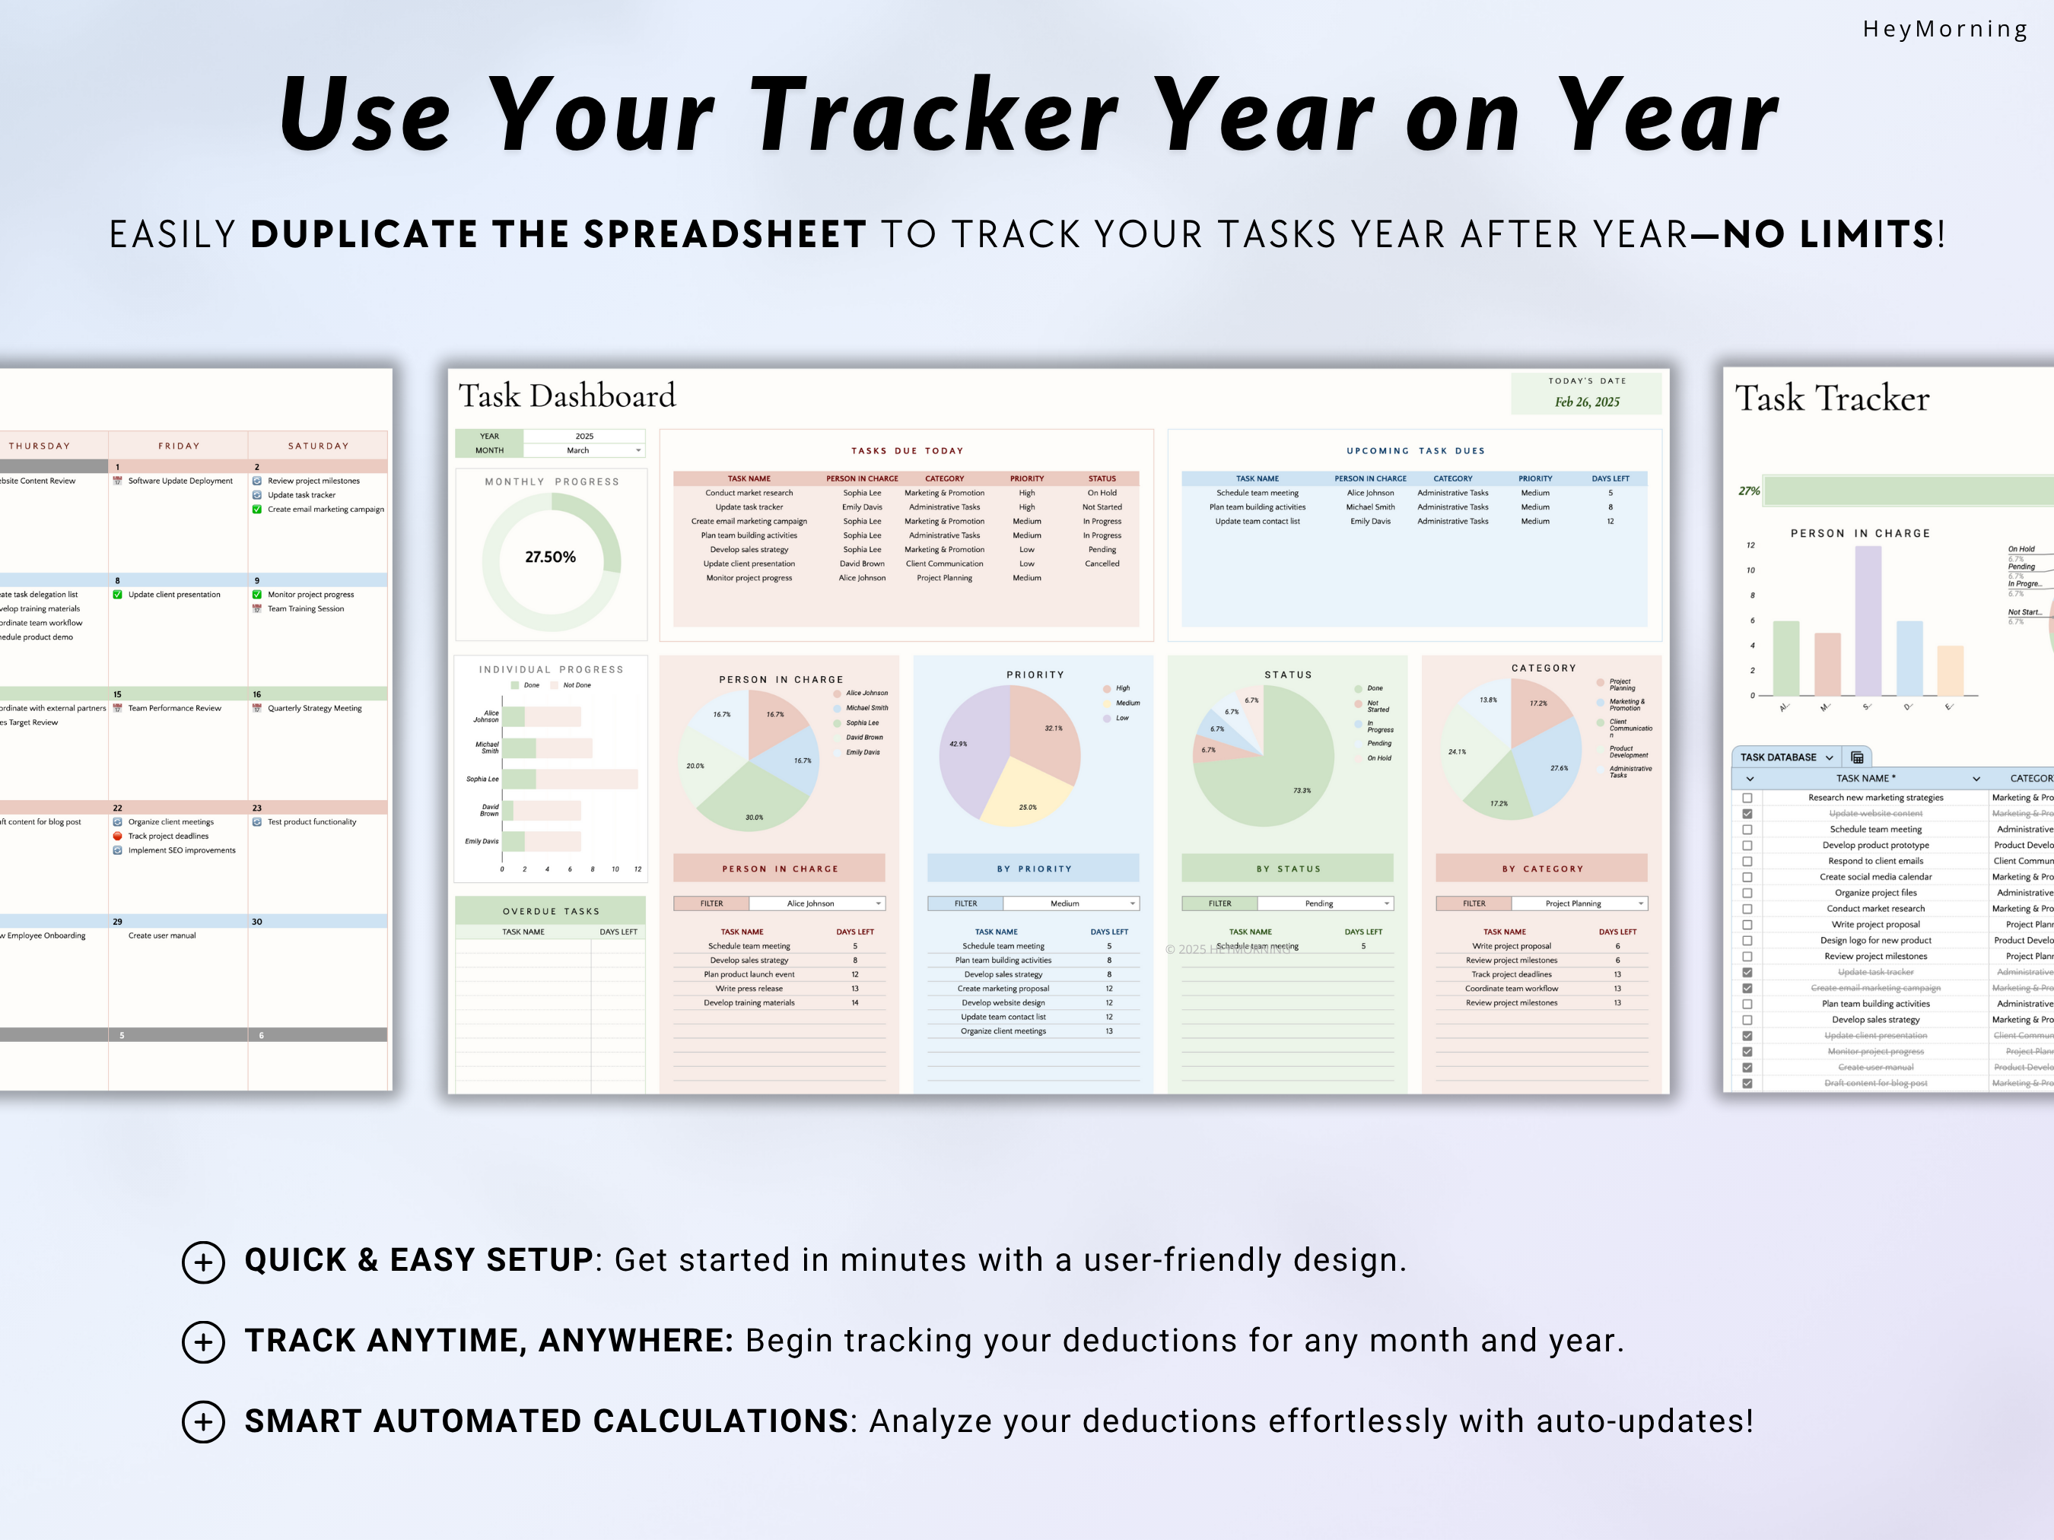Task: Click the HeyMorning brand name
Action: tap(1944, 29)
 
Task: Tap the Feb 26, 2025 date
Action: tap(1587, 402)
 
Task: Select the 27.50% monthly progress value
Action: tap(550, 557)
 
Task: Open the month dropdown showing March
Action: tap(584, 450)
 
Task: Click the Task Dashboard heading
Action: tap(567, 396)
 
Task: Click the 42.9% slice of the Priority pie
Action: tap(971, 752)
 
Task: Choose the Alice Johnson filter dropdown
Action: tap(816, 903)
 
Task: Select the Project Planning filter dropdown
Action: tap(1579, 903)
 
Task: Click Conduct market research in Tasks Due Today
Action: tap(749, 493)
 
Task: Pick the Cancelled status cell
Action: tap(1102, 564)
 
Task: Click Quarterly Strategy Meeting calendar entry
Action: tap(314, 708)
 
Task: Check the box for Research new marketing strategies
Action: tap(1747, 798)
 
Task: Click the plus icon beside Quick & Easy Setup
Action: tap(203, 1262)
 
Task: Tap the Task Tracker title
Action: tap(1831, 398)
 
